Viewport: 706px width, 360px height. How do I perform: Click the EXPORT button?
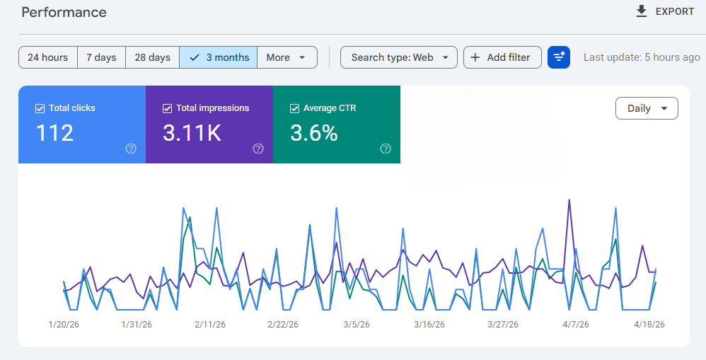[665, 11]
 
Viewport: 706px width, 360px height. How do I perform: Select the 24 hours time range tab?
[47, 57]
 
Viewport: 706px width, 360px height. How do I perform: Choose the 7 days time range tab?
[101, 57]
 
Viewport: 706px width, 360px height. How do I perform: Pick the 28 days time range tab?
[152, 57]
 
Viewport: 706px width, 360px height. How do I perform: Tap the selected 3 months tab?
[219, 57]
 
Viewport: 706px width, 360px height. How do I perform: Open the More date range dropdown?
[287, 57]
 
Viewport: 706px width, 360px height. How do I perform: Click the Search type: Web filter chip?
[399, 57]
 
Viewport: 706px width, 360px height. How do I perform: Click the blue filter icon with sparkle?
[559, 57]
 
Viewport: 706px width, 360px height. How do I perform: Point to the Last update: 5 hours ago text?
[642, 57]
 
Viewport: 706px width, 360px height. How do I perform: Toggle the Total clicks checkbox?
[40, 108]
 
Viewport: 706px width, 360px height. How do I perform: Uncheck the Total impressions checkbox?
[168, 108]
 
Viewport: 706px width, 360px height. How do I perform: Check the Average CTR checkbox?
[295, 108]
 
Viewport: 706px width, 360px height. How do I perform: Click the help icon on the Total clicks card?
[131, 149]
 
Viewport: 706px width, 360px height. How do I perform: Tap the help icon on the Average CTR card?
[386, 149]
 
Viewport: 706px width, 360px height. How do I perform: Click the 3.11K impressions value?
[192, 132]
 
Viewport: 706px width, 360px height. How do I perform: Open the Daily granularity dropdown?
[647, 108]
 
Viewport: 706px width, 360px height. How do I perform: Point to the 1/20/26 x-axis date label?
[64, 325]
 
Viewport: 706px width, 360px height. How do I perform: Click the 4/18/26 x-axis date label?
[649, 325]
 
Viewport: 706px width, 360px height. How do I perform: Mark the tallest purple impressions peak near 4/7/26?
[569, 200]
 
